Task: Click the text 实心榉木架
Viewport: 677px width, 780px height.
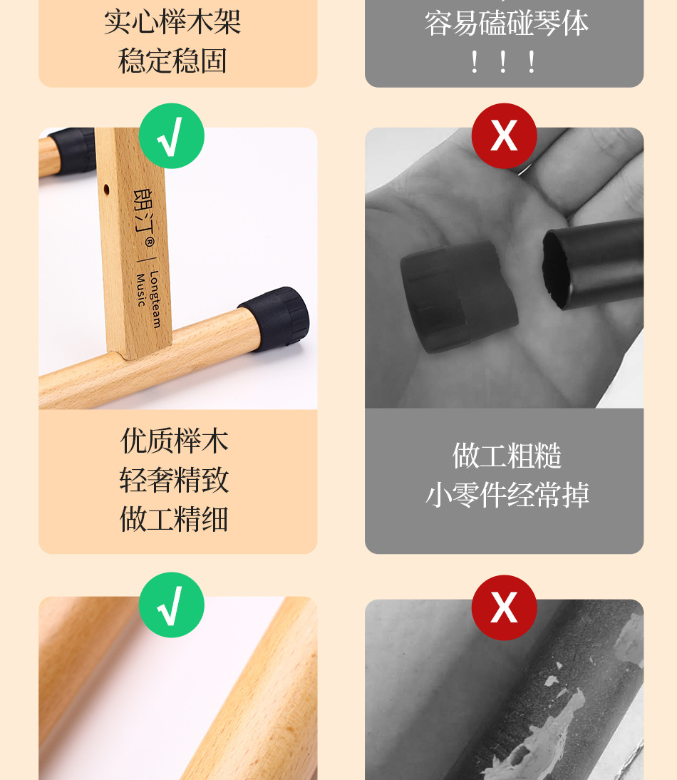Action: [x=173, y=21]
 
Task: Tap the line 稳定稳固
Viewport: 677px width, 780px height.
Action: [x=173, y=61]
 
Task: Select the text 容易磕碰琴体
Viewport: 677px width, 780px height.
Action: [x=507, y=23]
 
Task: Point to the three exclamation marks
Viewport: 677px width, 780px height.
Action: [x=503, y=62]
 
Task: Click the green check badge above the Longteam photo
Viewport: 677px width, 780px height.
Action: [x=171, y=136]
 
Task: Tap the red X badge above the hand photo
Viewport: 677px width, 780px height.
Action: [x=504, y=135]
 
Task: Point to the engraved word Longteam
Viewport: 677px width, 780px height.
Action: [x=155, y=299]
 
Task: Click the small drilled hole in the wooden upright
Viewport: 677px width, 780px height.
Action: [x=107, y=190]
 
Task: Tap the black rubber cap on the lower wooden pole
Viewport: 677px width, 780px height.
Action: [x=275, y=317]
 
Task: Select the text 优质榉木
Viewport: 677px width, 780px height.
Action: [x=175, y=441]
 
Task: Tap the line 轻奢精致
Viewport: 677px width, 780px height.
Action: [x=175, y=480]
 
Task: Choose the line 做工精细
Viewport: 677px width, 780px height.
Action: [x=175, y=518]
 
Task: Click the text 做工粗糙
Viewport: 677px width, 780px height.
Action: [x=507, y=456]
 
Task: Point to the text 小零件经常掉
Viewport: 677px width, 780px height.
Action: [x=507, y=495]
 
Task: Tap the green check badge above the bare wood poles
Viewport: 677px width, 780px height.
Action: [x=171, y=605]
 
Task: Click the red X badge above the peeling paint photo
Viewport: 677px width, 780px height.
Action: [x=504, y=607]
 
